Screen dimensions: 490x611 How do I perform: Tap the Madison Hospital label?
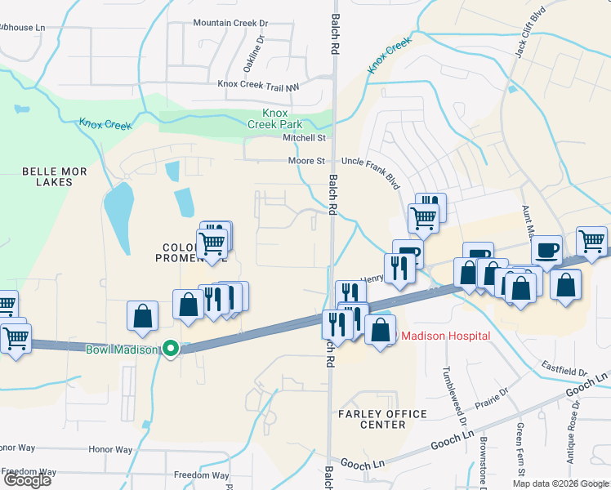444,336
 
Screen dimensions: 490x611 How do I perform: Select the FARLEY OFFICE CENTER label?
382,420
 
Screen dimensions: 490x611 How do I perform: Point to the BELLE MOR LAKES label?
47,176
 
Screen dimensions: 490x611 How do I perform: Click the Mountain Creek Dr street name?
230,23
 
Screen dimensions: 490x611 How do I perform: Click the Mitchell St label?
304,138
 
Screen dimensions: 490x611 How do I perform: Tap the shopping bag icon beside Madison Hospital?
380,331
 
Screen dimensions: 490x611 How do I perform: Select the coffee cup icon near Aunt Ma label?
546,249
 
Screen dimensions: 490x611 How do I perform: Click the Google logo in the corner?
27,480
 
